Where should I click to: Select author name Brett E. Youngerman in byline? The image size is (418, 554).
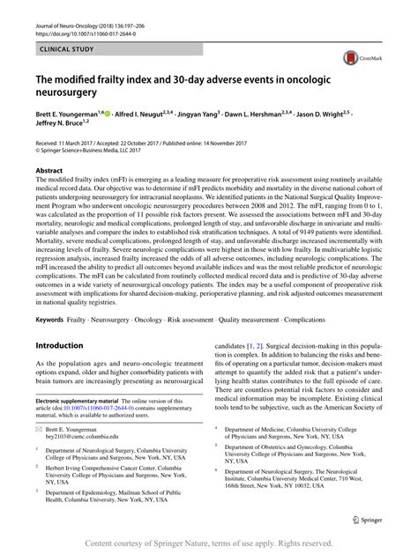point(70,115)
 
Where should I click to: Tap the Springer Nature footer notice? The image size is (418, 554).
point(209,543)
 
